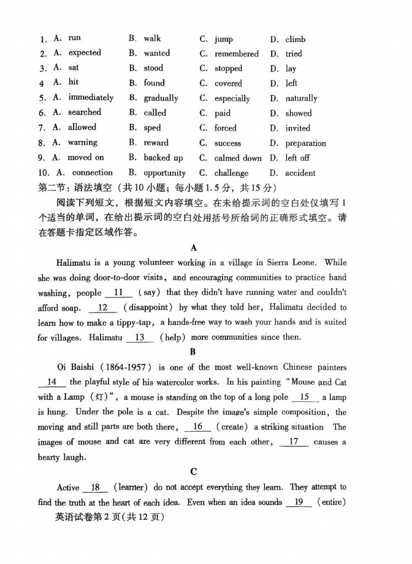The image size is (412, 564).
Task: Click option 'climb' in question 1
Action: tap(295, 39)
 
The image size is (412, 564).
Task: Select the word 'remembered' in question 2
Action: tap(237, 54)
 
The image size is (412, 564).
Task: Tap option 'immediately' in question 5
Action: tap(91, 97)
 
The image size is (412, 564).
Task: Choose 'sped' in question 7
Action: tap(152, 128)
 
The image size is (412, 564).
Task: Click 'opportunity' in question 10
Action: tap(164, 173)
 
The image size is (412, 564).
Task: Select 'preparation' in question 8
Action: tap(305, 143)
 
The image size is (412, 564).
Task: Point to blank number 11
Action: tap(119, 292)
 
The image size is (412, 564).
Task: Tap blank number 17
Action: tap(294, 441)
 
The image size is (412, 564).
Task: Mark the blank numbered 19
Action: tap(299, 502)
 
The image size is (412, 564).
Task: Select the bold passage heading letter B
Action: tap(192, 351)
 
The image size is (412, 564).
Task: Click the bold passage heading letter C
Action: tap(193, 471)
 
